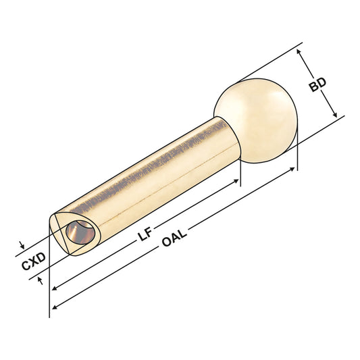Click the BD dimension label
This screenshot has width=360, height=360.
coord(317,85)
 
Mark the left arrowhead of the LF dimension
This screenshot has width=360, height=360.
coord(53,288)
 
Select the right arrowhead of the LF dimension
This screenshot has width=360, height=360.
coord(238,181)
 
